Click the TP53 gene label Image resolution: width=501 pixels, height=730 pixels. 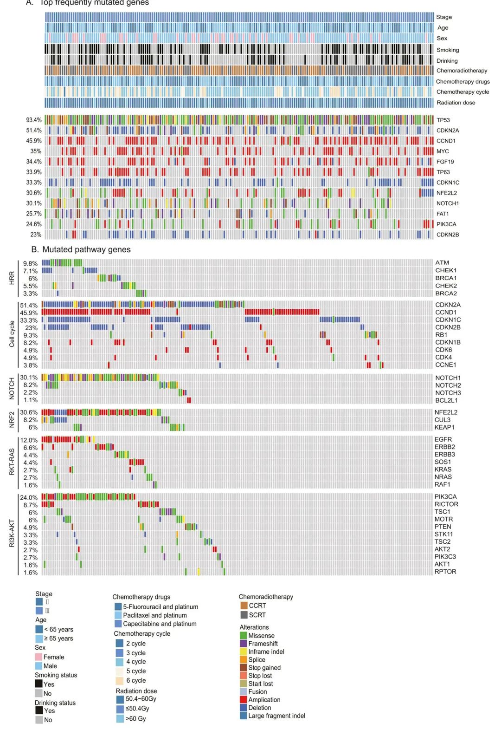click(x=443, y=120)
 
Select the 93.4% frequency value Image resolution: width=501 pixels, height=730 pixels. click(x=33, y=120)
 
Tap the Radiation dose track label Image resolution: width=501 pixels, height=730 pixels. click(x=456, y=103)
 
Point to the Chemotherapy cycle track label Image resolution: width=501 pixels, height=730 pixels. click(x=462, y=92)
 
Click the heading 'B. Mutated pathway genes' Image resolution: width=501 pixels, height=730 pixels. click(x=81, y=249)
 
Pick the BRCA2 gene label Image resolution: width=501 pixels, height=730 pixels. click(x=446, y=293)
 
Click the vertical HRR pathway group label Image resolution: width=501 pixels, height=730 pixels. click(x=12, y=278)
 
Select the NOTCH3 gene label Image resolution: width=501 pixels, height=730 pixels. click(x=448, y=393)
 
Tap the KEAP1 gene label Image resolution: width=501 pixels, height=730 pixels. click(x=444, y=427)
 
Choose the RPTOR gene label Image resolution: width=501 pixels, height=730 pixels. click(x=445, y=572)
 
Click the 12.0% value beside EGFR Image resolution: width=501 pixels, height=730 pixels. click(x=29, y=440)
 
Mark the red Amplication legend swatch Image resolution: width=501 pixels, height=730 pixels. click(x=244, y=700)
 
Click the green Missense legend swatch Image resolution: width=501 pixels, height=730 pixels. click(x=244, y=636)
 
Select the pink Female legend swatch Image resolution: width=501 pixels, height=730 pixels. click(x=39, y=657)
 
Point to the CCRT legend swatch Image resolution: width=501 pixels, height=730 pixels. click(x=244, y=606)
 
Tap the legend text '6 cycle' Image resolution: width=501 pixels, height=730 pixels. click(x=136, y=680)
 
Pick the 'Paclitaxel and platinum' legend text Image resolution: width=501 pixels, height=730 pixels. click(x=155, y=615)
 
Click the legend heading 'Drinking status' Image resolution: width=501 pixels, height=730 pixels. click(x=55, y=703)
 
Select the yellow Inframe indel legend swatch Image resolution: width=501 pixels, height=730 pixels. click(x=244, y=652)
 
